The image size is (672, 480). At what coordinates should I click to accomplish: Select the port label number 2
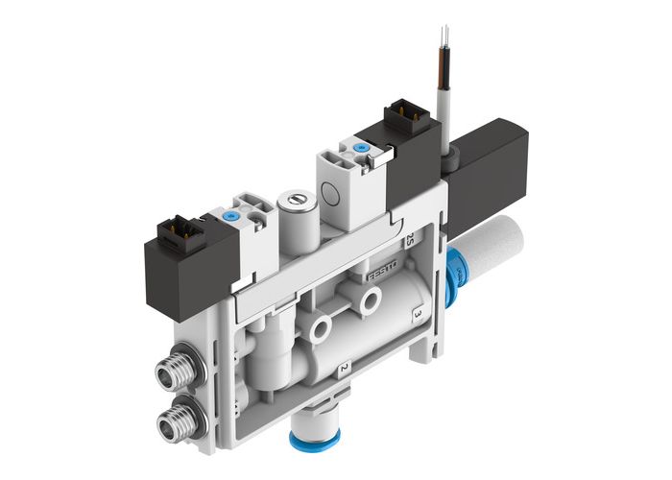point(343,368)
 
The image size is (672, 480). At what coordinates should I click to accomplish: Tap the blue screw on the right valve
point(360,148)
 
